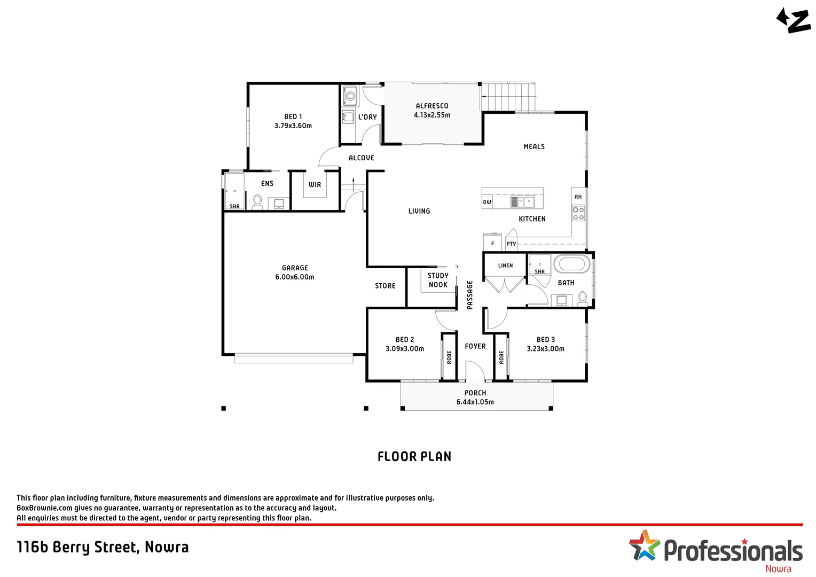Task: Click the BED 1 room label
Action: coord(293,116)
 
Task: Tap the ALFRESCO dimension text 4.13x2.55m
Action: coord(432,115)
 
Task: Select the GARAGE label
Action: coord(295,268)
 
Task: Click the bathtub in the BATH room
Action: coord(572,264)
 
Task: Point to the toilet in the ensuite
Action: coord(257,201)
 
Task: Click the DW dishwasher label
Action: coord(487,202)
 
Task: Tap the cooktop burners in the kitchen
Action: coord(578,214)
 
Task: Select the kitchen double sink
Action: coord(522,202)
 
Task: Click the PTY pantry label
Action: coord(511,244)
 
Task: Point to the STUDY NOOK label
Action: coord(438,280)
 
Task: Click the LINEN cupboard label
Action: coord(505,266)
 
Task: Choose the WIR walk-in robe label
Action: coord(315,184)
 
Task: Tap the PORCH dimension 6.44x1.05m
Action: coord(475,402)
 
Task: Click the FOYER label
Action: coord(475,346)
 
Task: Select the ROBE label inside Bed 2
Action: coord(449,357)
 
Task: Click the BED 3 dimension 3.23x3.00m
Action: coord(545,348)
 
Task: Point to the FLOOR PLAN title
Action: coord(414,456)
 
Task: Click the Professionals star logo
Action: coord(645,545)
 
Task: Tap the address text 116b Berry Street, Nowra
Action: coord(103,547)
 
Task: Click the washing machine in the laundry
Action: coord(350,97)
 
